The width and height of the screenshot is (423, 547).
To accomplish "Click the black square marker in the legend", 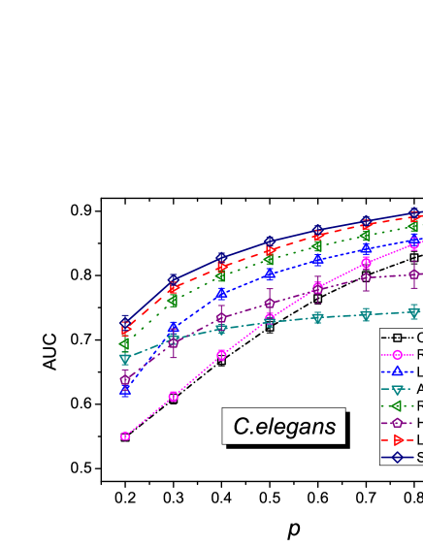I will coord(397,338).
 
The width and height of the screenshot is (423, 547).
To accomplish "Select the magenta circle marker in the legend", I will coord(397,355).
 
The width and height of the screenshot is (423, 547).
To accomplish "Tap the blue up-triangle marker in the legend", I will coord(397,371).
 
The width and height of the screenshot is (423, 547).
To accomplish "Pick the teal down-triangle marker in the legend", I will coord(397,389).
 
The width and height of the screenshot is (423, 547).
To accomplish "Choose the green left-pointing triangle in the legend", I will coord(397,405).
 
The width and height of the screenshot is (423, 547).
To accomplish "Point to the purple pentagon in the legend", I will coord(397,423).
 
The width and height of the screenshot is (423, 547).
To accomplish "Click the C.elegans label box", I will coord(284,426).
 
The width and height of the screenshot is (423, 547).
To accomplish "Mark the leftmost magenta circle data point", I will coord(125,436).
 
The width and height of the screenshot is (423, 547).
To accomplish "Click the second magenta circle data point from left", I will coord(174,397).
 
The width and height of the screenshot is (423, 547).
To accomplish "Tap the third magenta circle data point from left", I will coord(222,356).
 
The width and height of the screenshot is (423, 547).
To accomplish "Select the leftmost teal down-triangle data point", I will coord(125,359).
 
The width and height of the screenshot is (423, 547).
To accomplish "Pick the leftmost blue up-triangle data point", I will coord(125,391).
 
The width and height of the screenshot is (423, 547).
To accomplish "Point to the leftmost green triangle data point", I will coord(125,344).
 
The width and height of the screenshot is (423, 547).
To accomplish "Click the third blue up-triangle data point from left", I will coord(222,293).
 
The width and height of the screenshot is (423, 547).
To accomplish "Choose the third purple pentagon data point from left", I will coord(222,318).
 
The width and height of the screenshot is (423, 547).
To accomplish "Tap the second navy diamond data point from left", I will coord(174,280).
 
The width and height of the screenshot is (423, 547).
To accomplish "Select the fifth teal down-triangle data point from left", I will coord(318,317).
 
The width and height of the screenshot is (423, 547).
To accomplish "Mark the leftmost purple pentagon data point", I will coord(125,380).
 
